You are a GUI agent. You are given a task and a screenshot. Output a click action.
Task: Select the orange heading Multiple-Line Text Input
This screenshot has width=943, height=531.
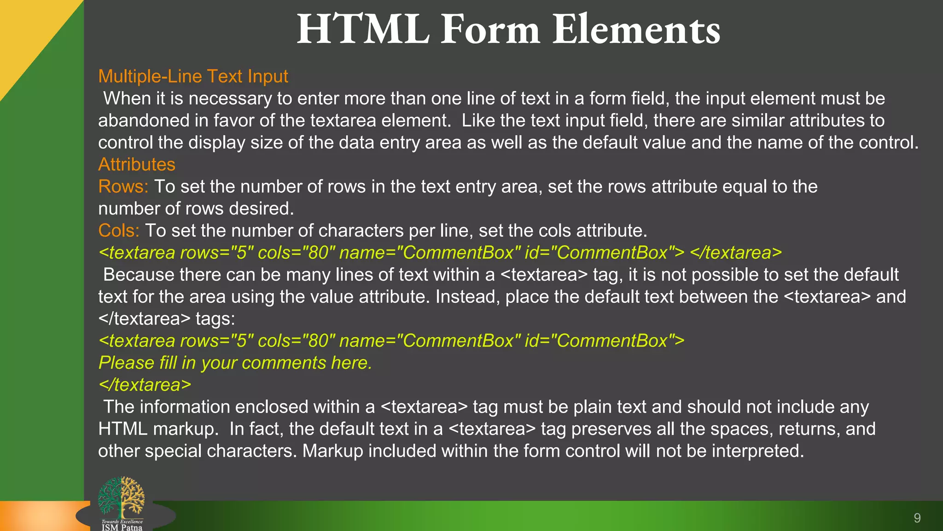pos(193,77)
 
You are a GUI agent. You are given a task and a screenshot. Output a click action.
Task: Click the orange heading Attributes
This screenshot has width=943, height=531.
pos(137,165)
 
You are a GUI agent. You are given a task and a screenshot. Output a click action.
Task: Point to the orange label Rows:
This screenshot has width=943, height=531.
pos(123,187)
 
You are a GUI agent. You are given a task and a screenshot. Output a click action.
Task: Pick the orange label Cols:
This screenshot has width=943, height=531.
pos(119,230)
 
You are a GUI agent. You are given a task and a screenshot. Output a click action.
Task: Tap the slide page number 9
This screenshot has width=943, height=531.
pos(917,518)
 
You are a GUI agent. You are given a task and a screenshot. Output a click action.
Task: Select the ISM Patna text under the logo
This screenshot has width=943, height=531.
pos(122,527)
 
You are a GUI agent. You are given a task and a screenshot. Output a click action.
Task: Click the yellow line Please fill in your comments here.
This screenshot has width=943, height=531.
pos(235,363)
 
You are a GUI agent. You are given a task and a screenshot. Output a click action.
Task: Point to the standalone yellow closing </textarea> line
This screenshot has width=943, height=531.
pos(145,385)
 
